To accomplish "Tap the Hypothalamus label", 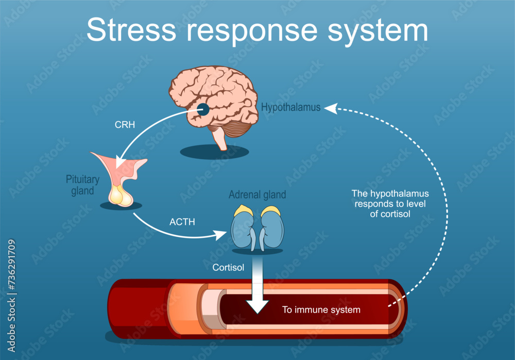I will pos(290,108).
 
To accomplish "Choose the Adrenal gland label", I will pos(257,195).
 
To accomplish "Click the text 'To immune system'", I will pos(321,310).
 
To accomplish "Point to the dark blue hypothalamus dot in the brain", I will pos(203,109).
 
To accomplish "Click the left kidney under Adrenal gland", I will pos(242,227).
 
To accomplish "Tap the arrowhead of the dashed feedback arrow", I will pos(329,108).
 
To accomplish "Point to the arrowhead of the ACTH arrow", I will pos(222,235).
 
